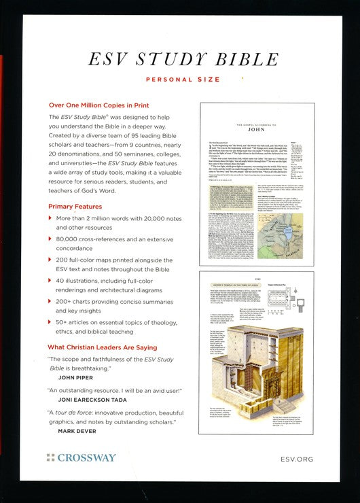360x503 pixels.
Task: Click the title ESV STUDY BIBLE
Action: (x=180, y=60)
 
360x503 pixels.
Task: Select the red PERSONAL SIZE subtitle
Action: (x=180, y=80)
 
